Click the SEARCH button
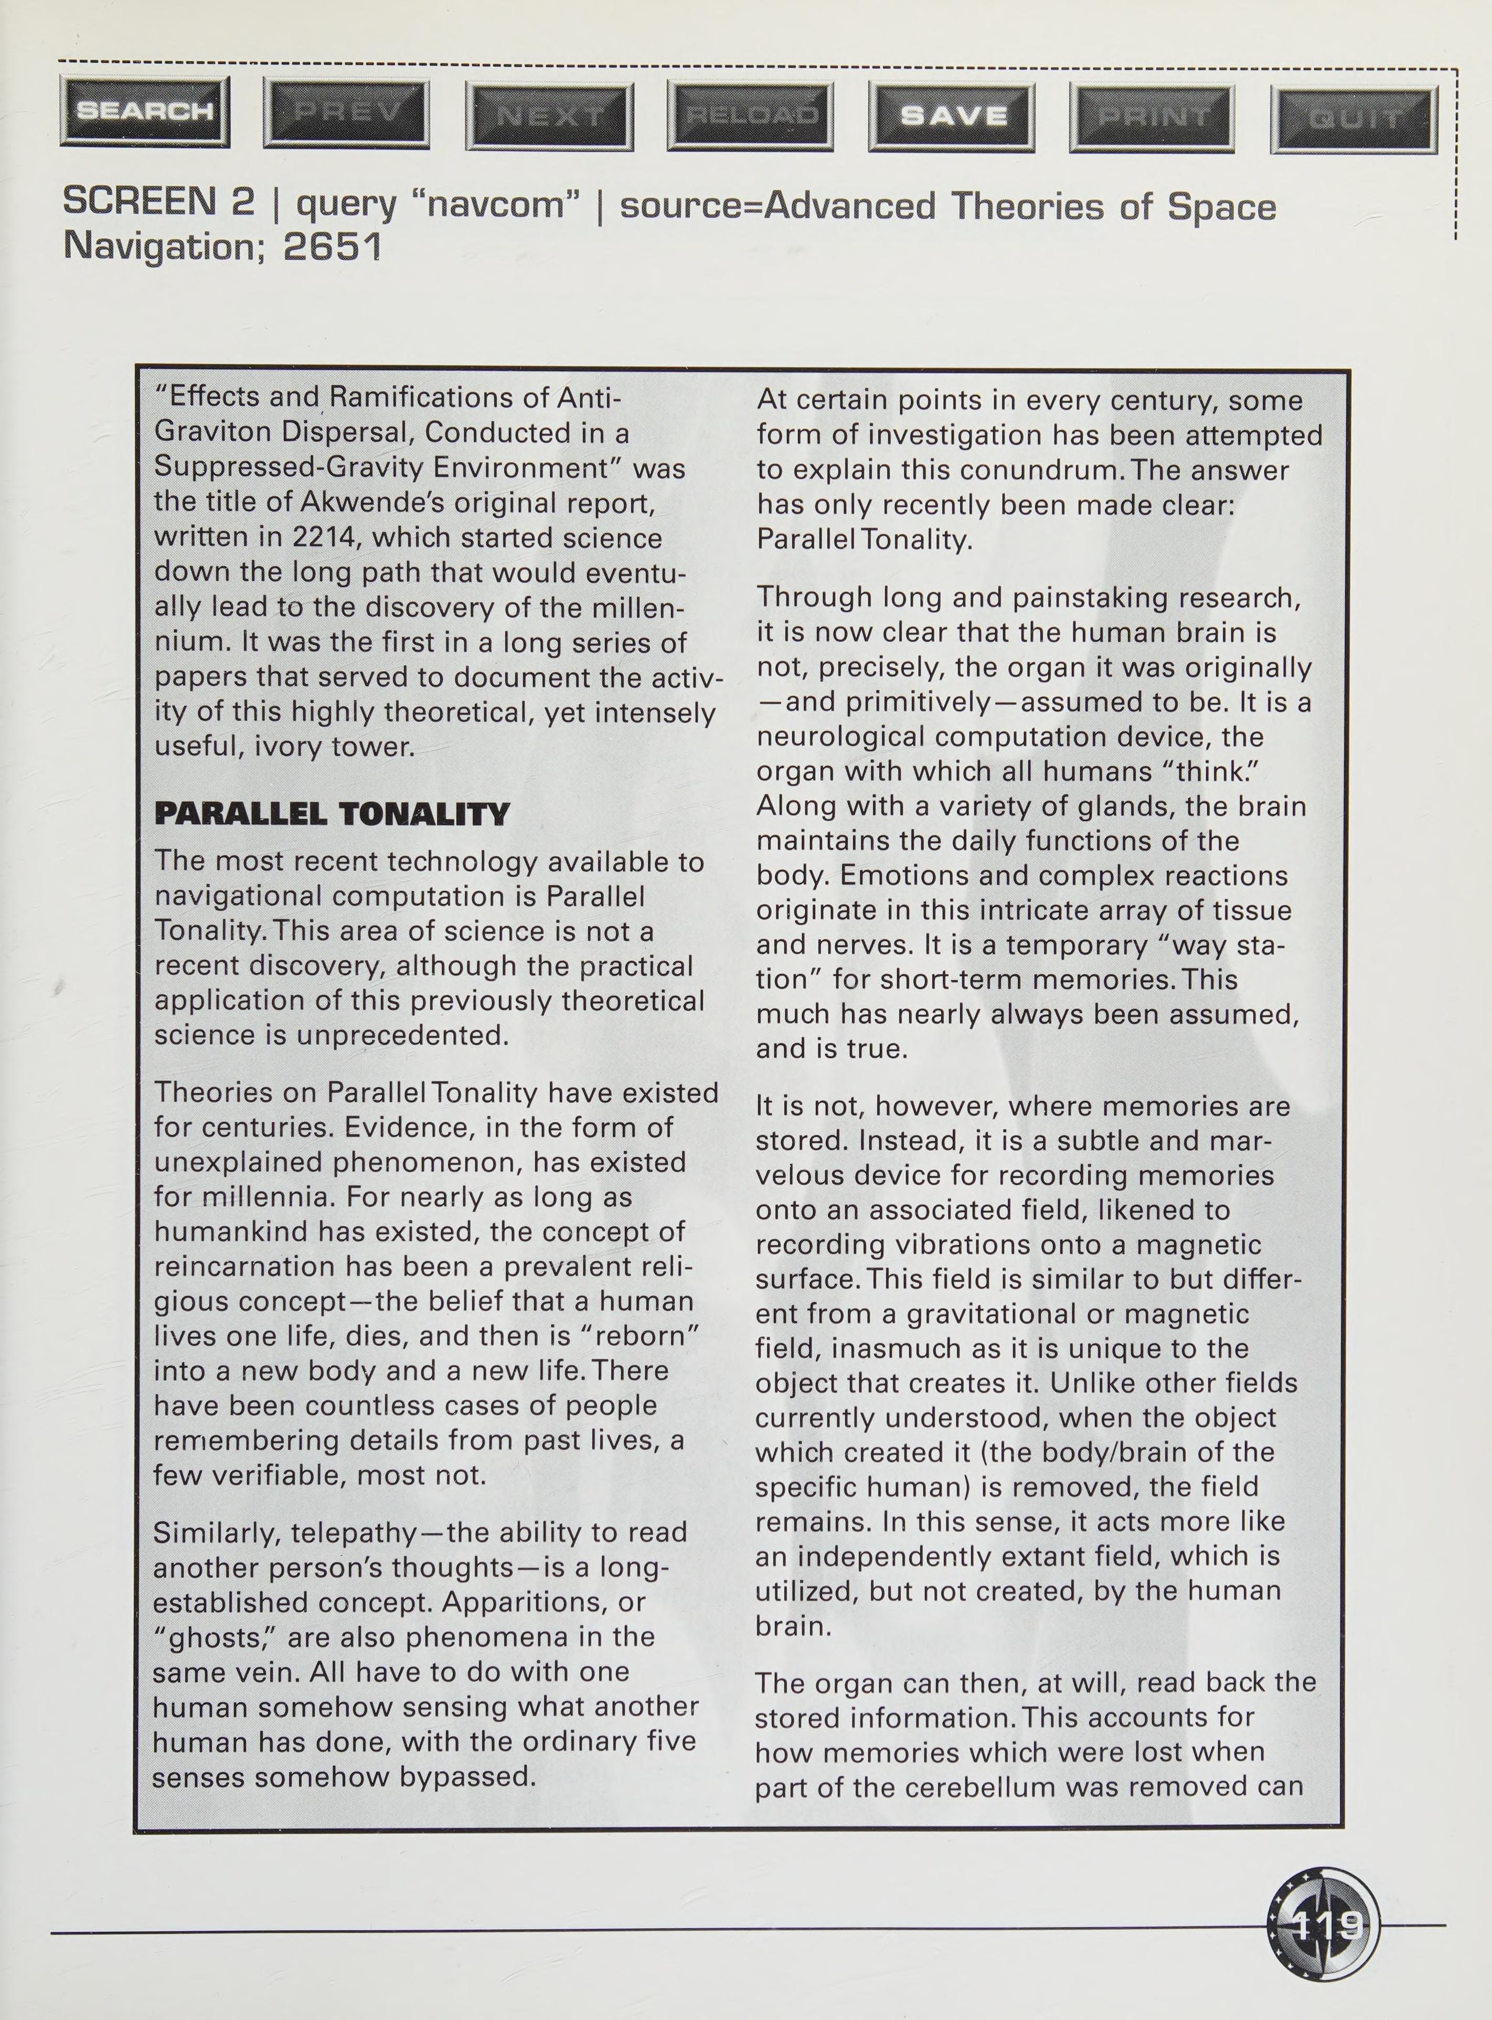144,111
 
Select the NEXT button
549,115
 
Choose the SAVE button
952,116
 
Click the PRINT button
1152,118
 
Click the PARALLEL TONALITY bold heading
332,814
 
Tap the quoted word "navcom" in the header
501,205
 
